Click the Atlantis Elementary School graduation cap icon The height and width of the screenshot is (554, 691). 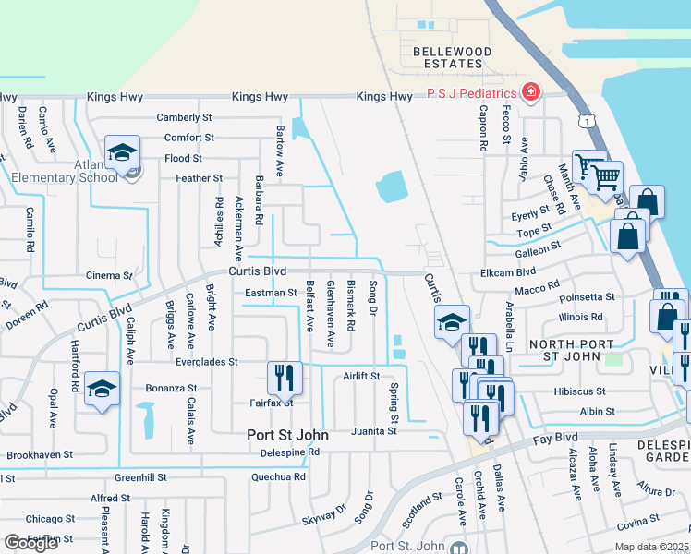click(122, 153)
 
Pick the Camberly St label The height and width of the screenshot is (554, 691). click(185, 117)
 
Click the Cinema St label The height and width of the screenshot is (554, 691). click(109, 275)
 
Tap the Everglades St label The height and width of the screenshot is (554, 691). click(208, 362)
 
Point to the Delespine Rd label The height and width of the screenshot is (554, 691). click(289, 452)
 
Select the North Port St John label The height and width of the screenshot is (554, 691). click(566, 344)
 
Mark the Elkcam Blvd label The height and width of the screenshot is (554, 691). click(508, 273)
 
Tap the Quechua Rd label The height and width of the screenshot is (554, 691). click(278, 477)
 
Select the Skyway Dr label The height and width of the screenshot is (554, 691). click(323, 515)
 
